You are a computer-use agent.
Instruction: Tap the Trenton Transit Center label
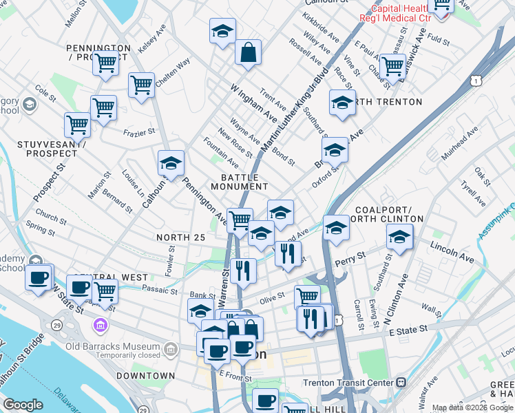click(348, 383)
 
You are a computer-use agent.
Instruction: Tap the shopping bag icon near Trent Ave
click(248, 52)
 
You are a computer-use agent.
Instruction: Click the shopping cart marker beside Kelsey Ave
click(106, 63)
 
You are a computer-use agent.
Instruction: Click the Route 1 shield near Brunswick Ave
click(476, 81)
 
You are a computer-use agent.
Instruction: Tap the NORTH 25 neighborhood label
click(181, 237)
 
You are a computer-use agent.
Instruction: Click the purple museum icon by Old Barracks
click(101, 324)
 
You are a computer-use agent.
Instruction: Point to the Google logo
click(23, 404)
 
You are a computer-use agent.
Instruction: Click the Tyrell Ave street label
click(474, 188)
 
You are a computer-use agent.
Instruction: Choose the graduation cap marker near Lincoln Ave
click(399, 237)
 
